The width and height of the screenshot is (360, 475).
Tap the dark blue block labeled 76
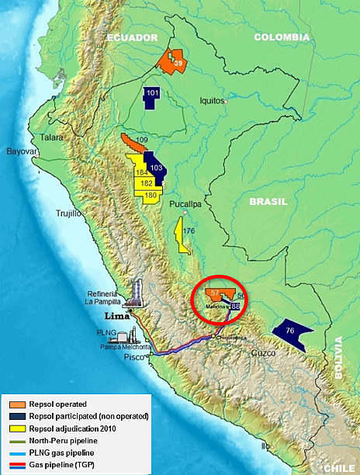click(292, 331)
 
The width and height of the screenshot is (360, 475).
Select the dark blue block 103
click(155, 166)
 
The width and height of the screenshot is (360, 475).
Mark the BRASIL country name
click(268, 201)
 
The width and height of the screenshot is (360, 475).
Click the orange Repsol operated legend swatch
click(16, 404)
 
